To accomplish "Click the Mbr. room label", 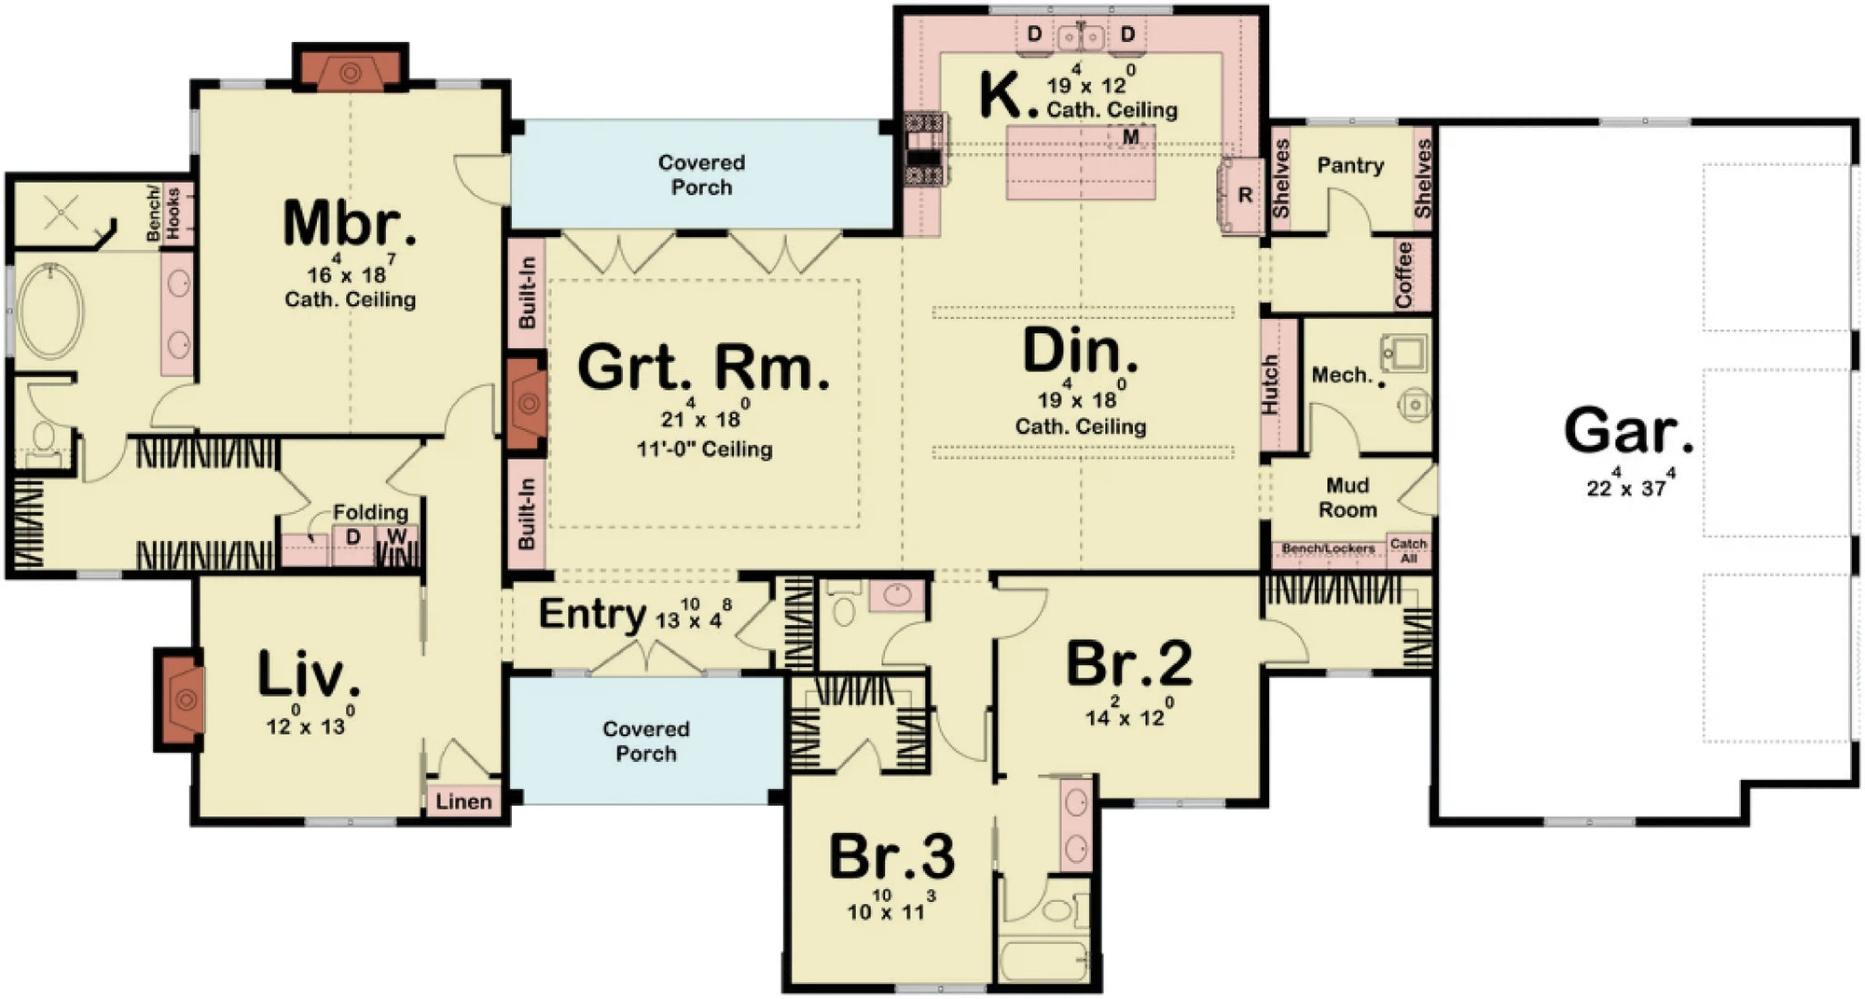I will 349,225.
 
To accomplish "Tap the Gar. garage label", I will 1628,431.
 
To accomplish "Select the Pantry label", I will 1349,166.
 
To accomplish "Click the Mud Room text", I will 1347,497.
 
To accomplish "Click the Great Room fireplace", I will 527,403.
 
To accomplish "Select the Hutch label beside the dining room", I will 1270,384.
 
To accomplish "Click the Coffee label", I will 1404,275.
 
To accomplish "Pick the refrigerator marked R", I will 1244,196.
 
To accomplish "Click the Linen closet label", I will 463,801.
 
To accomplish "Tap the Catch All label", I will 1408,550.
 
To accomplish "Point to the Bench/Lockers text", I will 1328,548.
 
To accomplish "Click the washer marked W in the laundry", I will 397,537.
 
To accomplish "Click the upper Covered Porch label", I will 701,174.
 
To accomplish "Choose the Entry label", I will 592,615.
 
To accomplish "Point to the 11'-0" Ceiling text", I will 704,450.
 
